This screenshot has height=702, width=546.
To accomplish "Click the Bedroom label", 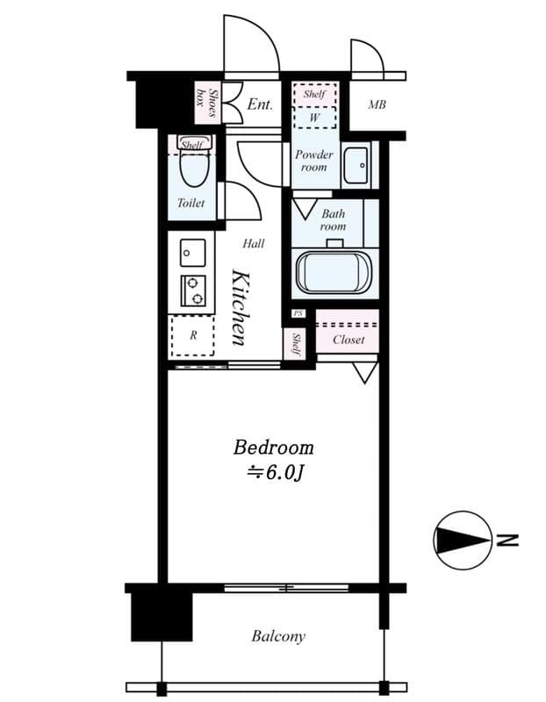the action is click(x=273, y=448).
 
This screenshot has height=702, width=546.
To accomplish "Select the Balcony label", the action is click(x=278, y=636).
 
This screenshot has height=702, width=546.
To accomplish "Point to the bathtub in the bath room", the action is click(x=334, y=273).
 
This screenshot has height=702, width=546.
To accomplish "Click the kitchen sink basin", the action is click(x=193, y=253).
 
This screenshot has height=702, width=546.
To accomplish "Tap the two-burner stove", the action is click(x=193, y=290).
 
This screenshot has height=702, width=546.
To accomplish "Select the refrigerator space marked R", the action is click(x=192, y=335).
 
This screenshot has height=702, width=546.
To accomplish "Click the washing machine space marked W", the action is click(x=314, y=118).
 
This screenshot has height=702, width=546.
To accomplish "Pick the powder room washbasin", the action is click(x=356, y=165).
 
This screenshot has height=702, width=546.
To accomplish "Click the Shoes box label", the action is click(x=207, y=103).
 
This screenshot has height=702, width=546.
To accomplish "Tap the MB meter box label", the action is click(x=377, y=104).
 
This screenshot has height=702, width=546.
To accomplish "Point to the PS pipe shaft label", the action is click(x=298, y=314).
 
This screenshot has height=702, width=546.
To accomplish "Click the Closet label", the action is click(x=348, y=340).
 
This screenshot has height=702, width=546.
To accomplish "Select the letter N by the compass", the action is click(x=507, y=541).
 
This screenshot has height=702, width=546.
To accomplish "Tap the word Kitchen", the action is click(x=239, y=308).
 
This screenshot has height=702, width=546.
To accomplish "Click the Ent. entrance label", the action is click(x=260, y=104).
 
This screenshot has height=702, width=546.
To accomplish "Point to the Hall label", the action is click(x=254, y=244).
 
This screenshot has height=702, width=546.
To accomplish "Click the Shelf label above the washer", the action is click(x=314, y=94).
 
